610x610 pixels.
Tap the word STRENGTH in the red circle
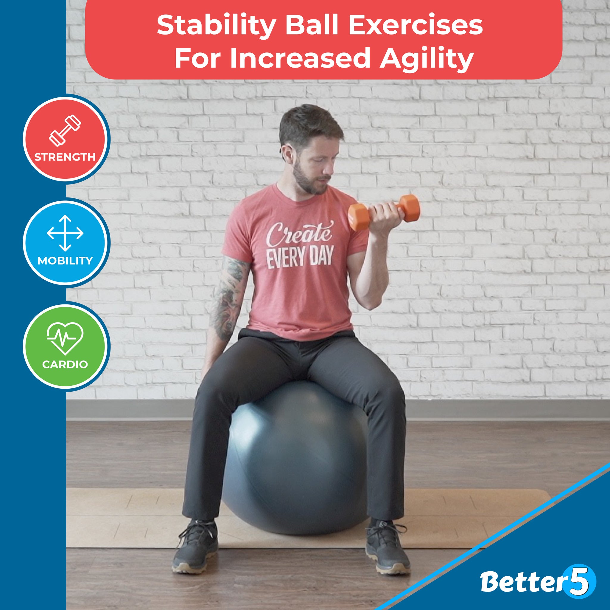(65, 157)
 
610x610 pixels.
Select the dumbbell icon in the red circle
(65, 131)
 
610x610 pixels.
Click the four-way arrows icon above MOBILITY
(65, 233)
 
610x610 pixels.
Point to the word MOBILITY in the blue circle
(65, 261)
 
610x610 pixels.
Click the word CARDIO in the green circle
(65, 364)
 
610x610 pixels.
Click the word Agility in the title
(426, 58)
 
